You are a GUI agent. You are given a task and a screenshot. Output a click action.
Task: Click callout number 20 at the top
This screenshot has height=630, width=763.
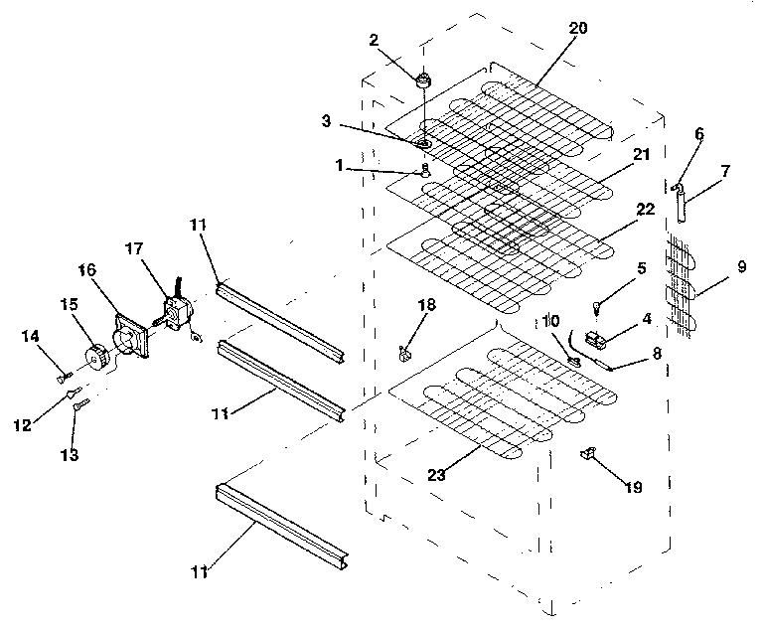click(x=577, y=29)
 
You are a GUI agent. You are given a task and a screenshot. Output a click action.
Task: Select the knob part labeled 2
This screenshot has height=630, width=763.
click(x=424, y=79)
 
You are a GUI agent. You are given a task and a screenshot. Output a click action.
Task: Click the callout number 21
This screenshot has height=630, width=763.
click(x=641, y=155)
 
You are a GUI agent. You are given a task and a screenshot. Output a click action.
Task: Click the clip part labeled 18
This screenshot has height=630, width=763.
click(x=405, y=350)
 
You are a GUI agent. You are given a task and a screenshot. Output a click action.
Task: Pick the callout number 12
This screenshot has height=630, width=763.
click(x=22, y=425)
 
